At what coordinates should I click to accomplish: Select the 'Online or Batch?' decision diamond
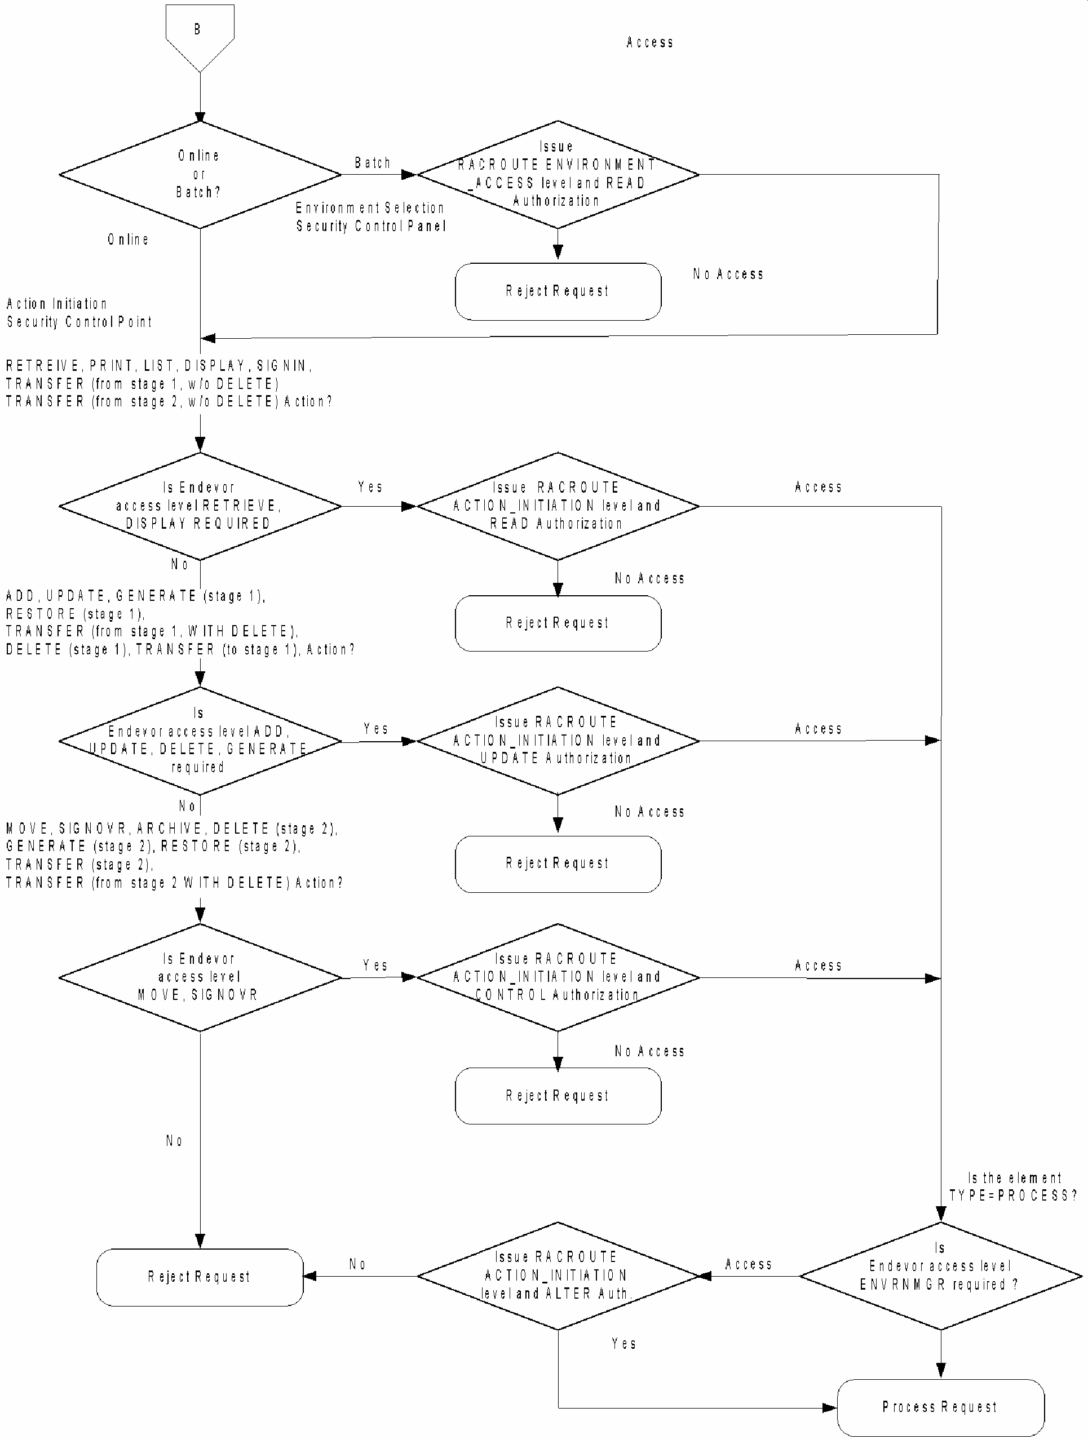coord(199,174)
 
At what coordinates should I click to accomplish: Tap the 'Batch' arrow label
coord(372,163)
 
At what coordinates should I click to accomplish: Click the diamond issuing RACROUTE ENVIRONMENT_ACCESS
coord(557,174)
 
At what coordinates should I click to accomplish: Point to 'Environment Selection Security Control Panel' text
coord(370,217)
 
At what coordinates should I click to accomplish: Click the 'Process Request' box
coord(940,1406)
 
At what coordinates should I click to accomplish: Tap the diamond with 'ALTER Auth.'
coord(557,1276)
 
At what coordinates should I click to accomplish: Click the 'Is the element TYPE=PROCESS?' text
coord(1012,1186)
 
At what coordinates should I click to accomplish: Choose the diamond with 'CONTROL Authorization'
coord(557,977)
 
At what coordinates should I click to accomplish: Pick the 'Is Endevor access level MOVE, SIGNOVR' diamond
coord(199,977)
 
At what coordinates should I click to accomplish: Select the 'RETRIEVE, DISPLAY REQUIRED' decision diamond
coord(199,506)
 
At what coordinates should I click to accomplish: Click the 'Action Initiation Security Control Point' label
coord(79,313)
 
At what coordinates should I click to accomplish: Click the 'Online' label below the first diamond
coord(128,240)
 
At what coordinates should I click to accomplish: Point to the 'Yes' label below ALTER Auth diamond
coord(623,1343)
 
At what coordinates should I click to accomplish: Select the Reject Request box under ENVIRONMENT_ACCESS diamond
coord(557,291)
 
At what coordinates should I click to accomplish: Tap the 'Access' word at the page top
coord(649,42)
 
